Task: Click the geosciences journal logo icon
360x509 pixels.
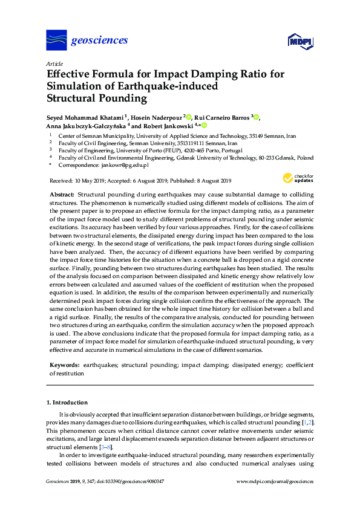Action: pyautogui.click(x=56, y=40)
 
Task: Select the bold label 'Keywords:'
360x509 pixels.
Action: pyautogui.click(x=64, y=365)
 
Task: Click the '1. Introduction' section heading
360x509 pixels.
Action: pyautogui.click(x=67, y=402)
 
